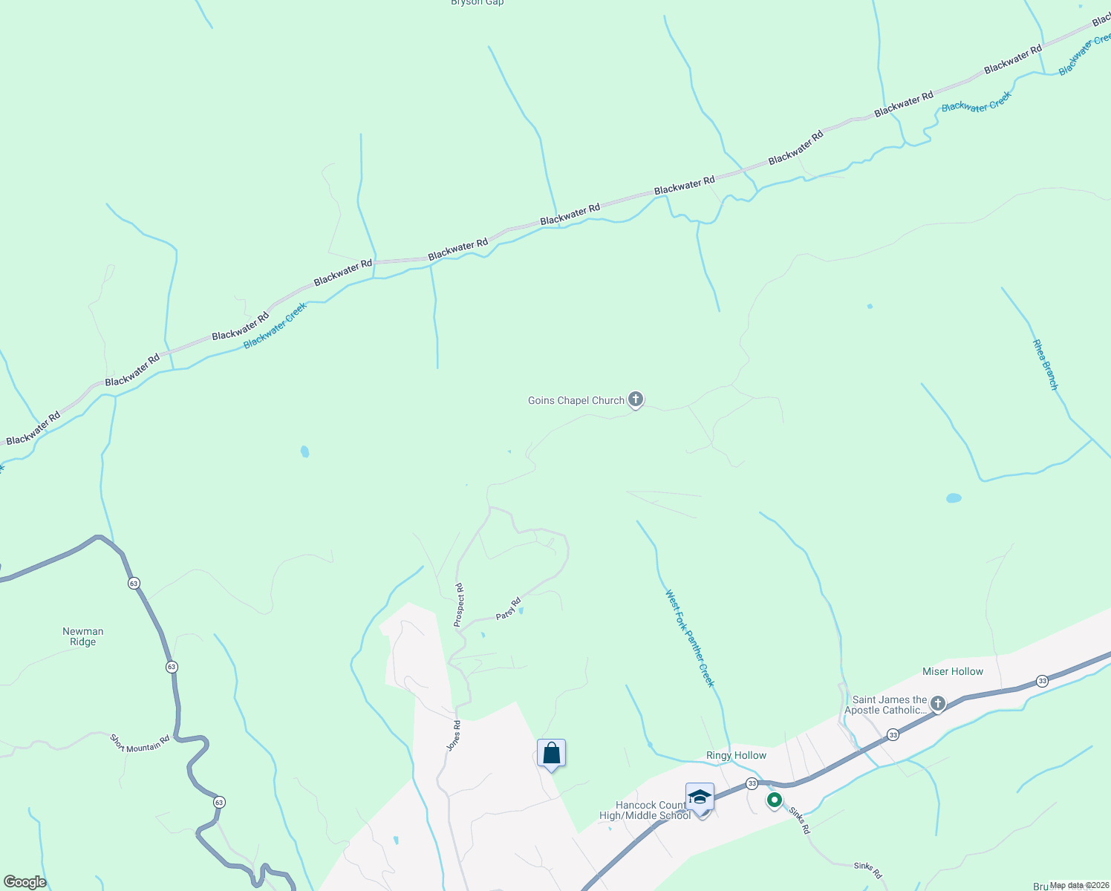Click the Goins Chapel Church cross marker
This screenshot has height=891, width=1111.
click(635, 399)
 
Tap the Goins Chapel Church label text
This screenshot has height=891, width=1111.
click(576, 401)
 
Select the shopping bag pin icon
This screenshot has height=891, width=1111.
click(551, 754)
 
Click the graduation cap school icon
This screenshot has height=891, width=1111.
click(700, 797)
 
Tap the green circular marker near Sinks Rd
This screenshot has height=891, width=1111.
click(774, 800)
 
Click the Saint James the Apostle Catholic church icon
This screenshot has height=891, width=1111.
click(938, 703)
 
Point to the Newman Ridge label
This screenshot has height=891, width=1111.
click(83, 636)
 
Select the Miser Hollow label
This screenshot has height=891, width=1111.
click(952, 671)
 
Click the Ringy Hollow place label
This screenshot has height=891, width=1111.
click(736, 755)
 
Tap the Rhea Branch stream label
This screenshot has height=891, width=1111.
click(1044, 365)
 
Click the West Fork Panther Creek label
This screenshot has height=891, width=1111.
click(689, 639)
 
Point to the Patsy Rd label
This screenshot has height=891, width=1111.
click(508, 609)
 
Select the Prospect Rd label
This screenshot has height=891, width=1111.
click(460, 604)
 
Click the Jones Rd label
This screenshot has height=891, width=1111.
click(454, 735)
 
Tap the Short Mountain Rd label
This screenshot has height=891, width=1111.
click(140, 742)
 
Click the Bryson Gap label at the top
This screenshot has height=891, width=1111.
click(477, 3)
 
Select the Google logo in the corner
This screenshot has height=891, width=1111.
click(25, 882)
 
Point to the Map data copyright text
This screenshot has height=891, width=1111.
click(1078, 885)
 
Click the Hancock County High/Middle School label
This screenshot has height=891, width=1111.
click(645, 810)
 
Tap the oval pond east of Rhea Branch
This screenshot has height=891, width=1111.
click(954, 497)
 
